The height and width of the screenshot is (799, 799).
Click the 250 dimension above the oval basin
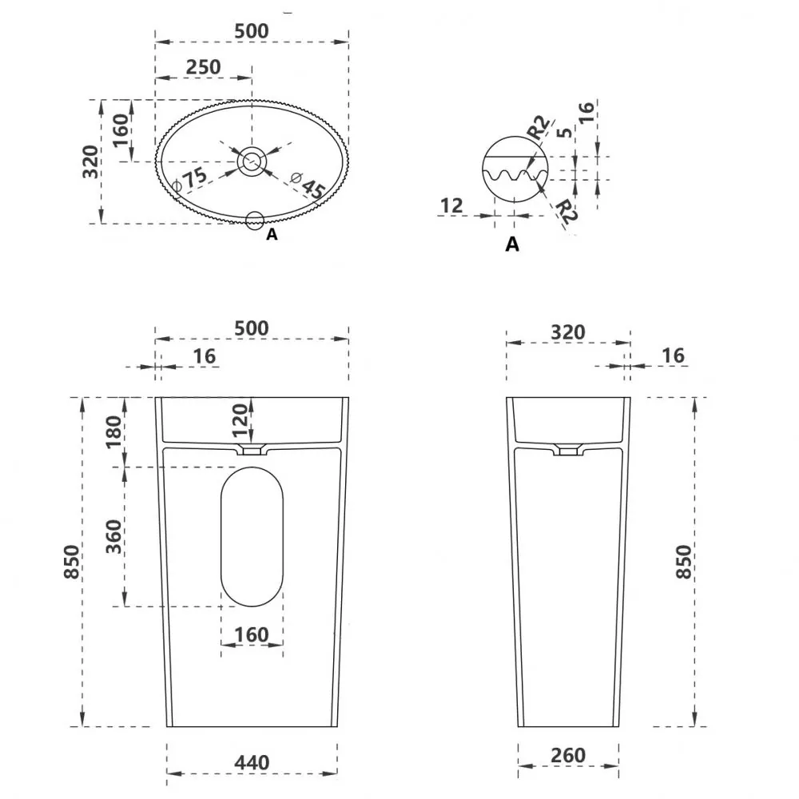(203, 67)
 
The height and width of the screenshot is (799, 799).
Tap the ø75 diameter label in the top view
(190, 179)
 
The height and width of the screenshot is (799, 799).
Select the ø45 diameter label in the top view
(308, 185)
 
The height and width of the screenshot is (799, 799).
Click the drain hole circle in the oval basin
(252, 161)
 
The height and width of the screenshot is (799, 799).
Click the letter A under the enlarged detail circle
(512, 244)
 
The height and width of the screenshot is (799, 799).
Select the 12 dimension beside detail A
(451, 206)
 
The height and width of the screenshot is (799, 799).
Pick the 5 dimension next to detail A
(564, 132)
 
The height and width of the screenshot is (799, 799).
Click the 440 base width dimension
(252, 763)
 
